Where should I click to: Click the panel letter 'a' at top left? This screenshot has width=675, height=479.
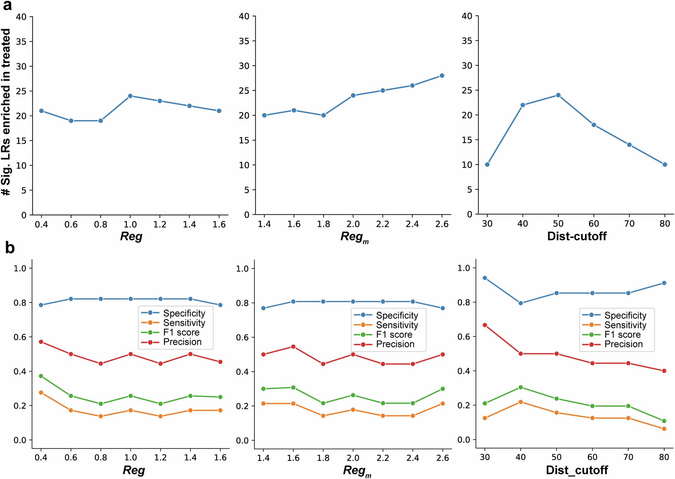[x=7, y=5]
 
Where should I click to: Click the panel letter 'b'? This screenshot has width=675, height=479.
[x=10, y=248]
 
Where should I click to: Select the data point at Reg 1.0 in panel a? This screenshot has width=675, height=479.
[x=130, y=96]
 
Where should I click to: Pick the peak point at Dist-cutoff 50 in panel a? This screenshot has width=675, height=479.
[x=558, y=95]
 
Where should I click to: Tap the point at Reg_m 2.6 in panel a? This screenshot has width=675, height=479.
[x=442, y=76]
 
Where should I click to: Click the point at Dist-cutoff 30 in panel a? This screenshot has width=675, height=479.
[x=487, y=164]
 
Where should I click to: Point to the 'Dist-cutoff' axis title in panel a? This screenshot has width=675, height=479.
[x=577, y=236]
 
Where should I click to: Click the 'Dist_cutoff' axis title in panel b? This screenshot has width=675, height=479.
[x=577, y=470]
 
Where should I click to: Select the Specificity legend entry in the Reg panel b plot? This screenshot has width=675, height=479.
[x=184, y=313]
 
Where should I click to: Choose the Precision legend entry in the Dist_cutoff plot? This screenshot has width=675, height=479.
[x=623, y=344]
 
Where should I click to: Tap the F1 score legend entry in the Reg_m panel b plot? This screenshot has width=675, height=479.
[x=394, y=335]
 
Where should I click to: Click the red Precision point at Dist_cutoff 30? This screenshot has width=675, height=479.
[x=485, y=325]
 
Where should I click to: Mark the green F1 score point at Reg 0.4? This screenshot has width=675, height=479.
[x=41, y=376]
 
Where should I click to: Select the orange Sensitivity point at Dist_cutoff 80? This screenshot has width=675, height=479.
[x=664, y=429]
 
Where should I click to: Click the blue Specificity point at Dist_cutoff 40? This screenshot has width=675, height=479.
[x=521, y=303]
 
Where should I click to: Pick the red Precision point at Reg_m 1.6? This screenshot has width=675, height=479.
[x=293, y=346]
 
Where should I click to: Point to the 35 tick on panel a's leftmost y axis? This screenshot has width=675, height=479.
[x=21, y=41]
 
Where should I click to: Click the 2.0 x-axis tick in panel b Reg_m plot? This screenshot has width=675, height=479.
[x=353, y=458]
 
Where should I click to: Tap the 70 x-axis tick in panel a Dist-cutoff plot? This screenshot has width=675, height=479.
[x=629, y=224]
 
